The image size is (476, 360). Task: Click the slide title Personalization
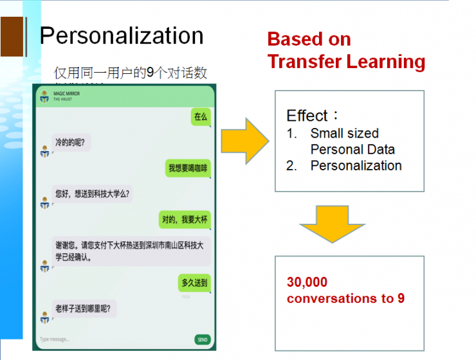pyautogui.click(x=122, y=35)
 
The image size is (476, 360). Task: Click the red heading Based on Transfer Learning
pyautogui.click(x=346, y=50)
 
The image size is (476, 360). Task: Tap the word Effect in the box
pyautogui.click(x=307, y=116)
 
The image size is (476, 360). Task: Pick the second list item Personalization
pyautogui.click(x=356, y=166)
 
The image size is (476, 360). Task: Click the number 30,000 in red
pyautogui.click(x=307, y=282)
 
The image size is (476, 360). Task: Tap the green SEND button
pyautogui.click(x=202, y=339)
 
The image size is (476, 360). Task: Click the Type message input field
pyautogui.click(x=109, y=339)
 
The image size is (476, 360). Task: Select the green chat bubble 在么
pyautogui.click(x=201, y=117)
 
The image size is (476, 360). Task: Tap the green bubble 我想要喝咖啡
pyautogui.click(x=188, y=168)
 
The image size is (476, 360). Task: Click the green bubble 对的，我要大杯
pyautogui.click(x=185, y=220)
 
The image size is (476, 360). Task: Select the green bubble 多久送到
pyautogui.click(x=194, y=282)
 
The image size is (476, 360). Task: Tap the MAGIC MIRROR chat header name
pyautogui.click(x=67, y=94)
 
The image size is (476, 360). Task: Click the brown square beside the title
pyautogui.click(x=12, y=37)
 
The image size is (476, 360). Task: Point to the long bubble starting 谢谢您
pyautogui.click(x=131, y=251)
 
